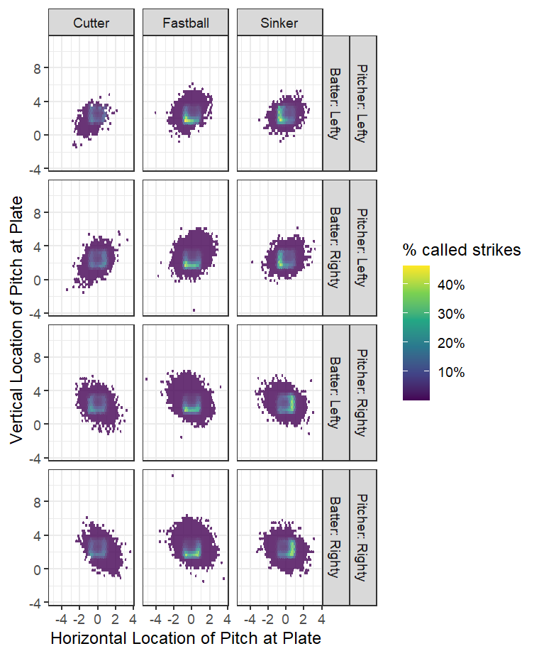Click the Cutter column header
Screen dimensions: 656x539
pos(91,23)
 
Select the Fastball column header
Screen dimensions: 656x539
pos(185,23)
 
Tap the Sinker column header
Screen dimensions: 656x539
pos(279,23)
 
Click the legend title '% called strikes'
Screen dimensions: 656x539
pos(462,250)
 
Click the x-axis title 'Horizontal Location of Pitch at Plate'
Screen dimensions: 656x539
pos(186,638)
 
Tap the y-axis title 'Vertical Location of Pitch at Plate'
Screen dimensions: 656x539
pos(19,321)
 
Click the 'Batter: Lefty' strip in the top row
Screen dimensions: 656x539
pos(335,104)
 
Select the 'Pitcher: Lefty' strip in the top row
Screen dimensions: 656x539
pos(363,104)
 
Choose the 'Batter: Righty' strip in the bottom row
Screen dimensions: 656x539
pos(335,537)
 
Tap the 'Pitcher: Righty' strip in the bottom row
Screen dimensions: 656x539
pos(363,537)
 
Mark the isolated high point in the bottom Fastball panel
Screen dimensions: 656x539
pos(172,476)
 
